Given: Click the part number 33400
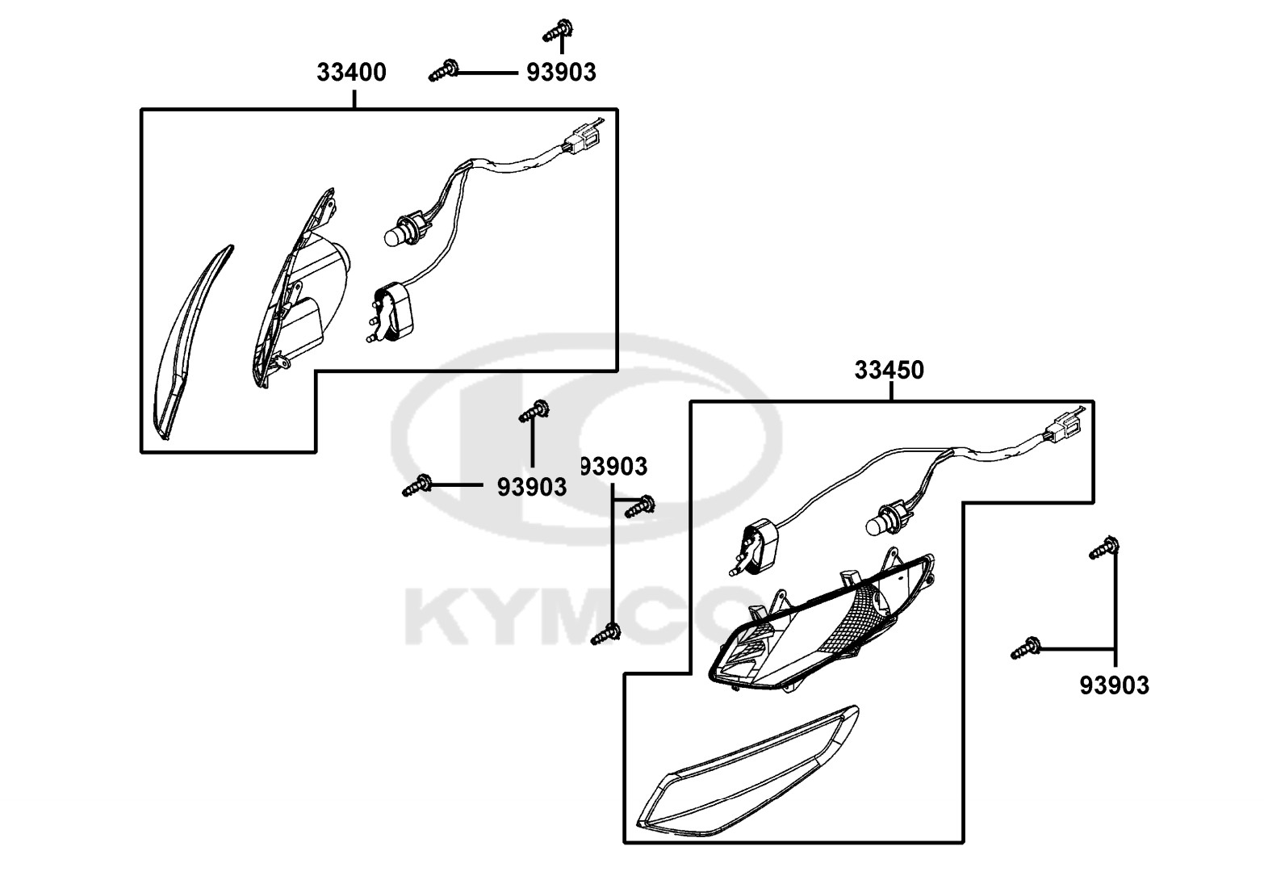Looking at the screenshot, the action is click(x=351, y=72).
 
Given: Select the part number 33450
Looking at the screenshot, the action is click(x=889, y=371).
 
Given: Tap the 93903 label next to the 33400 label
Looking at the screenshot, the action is click(x=561, y=72).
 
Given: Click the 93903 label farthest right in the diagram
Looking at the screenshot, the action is click(x=1114, y=685).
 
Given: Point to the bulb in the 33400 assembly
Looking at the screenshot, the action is click(x=402, y=232).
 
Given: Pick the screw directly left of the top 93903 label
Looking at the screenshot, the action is click(x=443, y=70).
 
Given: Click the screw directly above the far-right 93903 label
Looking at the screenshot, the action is click(x=1103, y=547).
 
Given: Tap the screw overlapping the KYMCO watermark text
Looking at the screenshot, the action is click(x=606, y=635).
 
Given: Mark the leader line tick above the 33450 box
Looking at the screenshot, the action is click(x=891, y=392).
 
